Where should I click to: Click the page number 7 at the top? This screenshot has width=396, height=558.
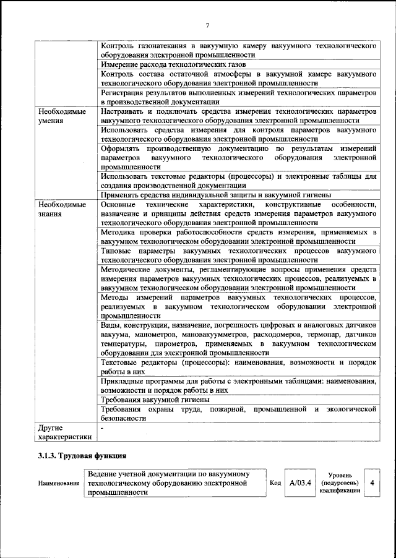(207, 25)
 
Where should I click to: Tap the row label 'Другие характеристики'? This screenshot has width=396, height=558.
(64, 432)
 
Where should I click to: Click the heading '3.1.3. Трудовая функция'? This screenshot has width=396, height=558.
(82, 457)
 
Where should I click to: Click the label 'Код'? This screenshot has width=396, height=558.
(276, 483)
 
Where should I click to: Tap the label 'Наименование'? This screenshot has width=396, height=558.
(59, 483)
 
